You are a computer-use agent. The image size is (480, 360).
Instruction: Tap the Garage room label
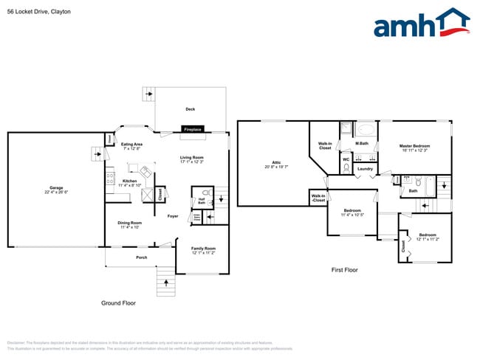55,190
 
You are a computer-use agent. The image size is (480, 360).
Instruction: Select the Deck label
190,109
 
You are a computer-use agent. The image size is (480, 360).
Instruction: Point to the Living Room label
192,159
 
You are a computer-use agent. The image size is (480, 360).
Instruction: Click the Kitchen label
130,182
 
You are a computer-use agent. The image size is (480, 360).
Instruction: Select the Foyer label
172,216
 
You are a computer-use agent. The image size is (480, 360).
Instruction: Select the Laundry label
365,169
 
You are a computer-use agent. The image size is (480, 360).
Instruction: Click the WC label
346,159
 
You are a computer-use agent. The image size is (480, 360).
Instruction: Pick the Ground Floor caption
118,303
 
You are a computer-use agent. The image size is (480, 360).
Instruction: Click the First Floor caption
344,270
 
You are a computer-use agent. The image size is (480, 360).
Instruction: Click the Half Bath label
202,201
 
